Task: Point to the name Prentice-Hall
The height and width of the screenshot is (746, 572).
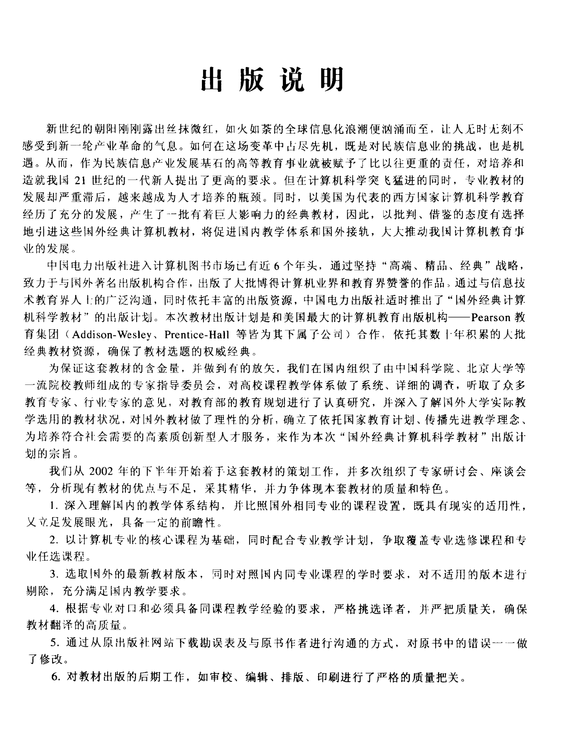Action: (197, 335)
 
